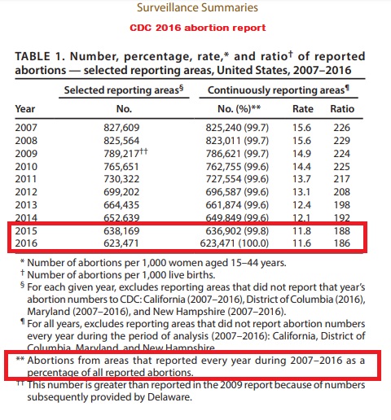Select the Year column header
[25, 108]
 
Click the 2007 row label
[26, 126]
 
